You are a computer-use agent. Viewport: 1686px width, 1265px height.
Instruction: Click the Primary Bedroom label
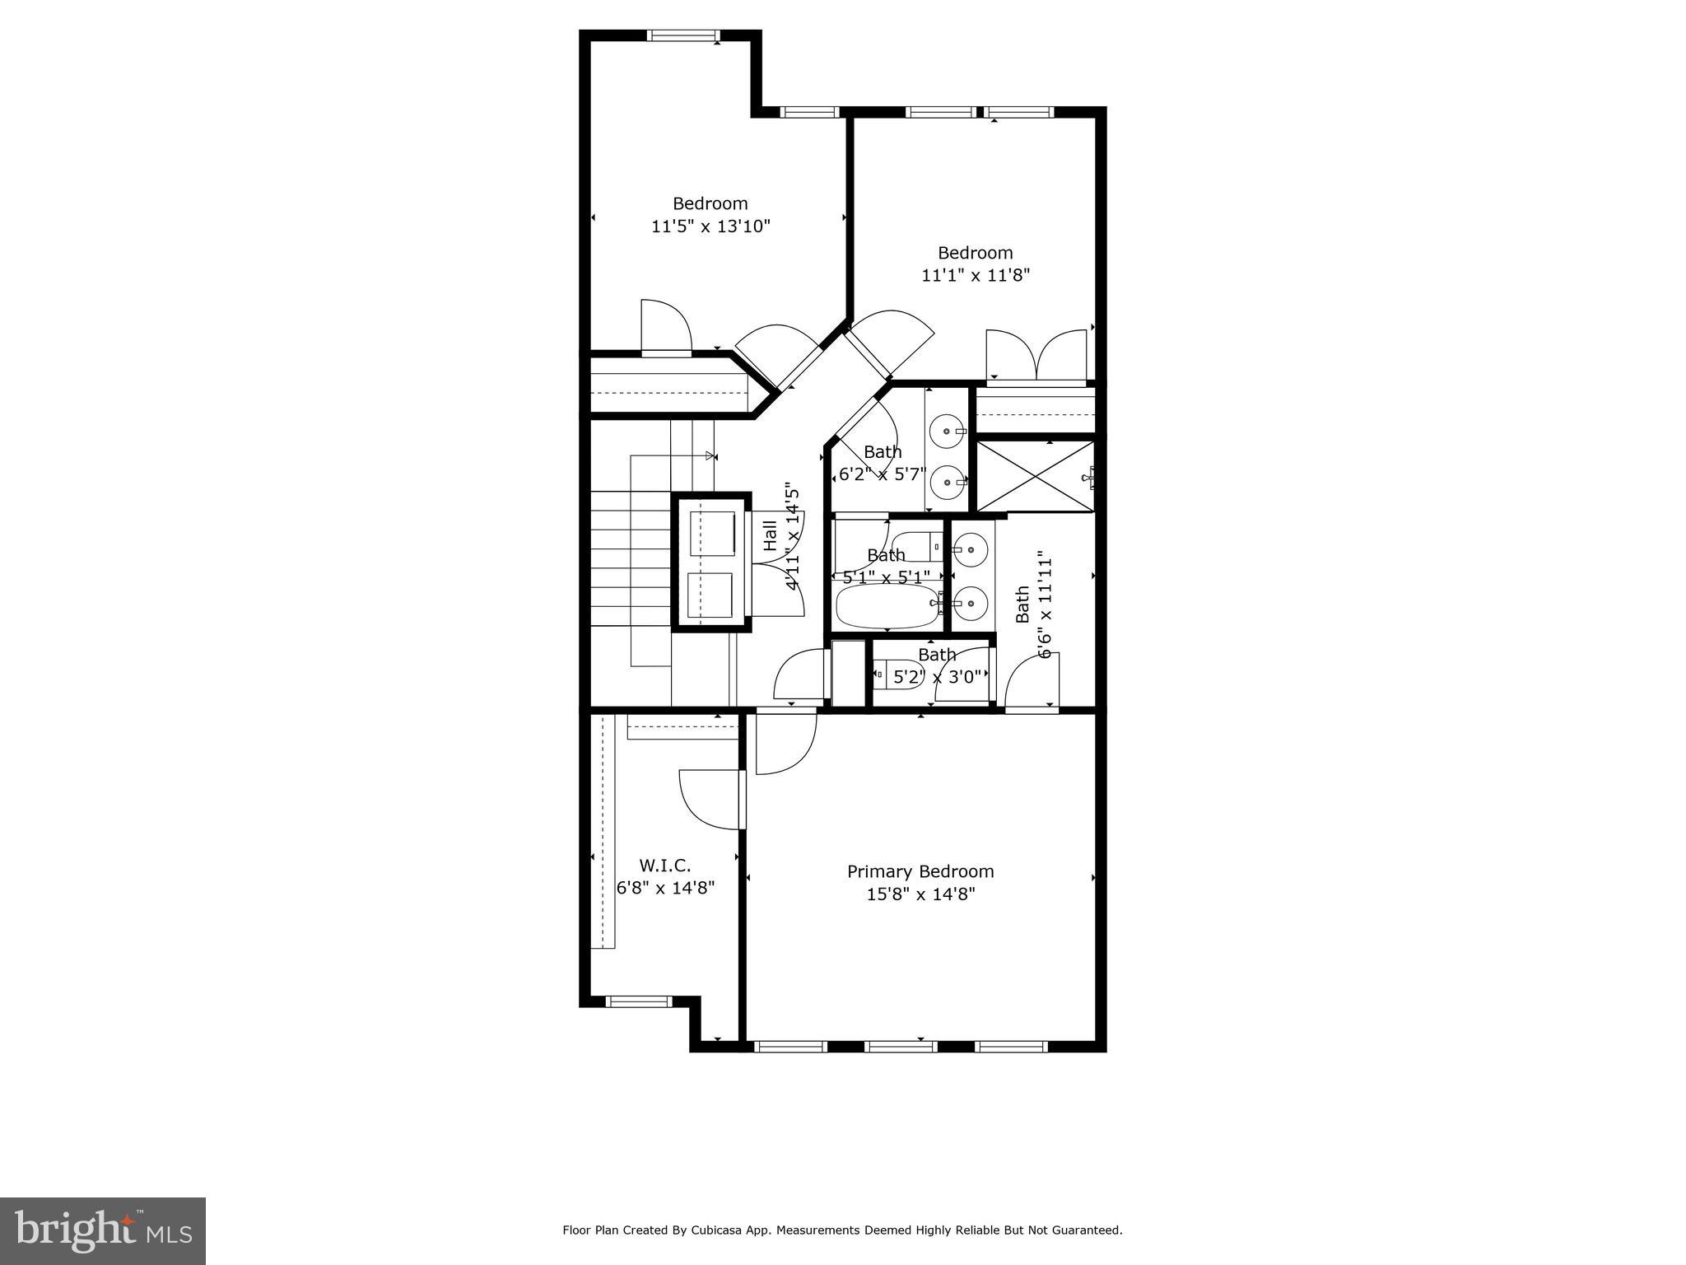click(x=920, y=871)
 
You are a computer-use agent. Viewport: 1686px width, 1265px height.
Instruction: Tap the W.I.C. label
click(x=664, y=866)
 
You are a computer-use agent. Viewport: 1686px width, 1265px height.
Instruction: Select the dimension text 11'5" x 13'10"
click(x=710, y=226)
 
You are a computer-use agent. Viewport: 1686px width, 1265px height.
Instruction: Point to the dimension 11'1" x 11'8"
click(x=976, y=276)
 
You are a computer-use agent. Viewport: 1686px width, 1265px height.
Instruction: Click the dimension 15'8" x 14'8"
click(x=920, y=894)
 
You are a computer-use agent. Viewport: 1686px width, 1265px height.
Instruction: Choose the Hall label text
click(x=771, y=535)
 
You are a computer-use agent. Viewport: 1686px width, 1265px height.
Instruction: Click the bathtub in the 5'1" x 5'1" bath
click(x=887, y=606)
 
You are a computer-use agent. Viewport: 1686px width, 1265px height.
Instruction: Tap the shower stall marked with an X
click(x=1034, y=477)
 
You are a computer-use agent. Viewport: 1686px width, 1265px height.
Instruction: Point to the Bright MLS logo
click(x=102, y=1230)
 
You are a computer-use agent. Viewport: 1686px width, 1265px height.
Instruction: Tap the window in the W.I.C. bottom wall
click(x=639, y=1001)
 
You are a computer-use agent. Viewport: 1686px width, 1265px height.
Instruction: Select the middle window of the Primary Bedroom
click(x=901, y=1047)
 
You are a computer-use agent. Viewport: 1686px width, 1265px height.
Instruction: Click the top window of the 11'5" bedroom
click(x=683, y=35)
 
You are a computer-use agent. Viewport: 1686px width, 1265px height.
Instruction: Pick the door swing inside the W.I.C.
click(x=710, y=798)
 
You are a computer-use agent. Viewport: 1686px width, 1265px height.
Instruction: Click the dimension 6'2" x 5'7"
click(x=883, y=475)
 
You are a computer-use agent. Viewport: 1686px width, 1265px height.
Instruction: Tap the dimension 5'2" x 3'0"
click(x=937, y=677)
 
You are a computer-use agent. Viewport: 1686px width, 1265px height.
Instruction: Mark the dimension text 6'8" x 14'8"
click(x=665, y=888)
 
